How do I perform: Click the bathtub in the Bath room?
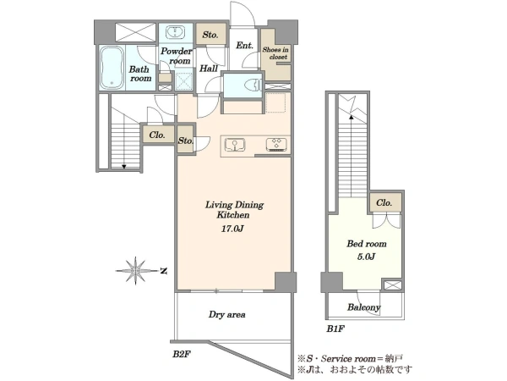pyautogui.click(x=112, y=68)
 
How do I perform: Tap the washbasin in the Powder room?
pyautogui.click(x=175, y=33)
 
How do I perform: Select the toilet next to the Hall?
pyautogui.click(x=253, y=86)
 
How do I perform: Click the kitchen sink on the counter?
pyautogui.click(x=235, y=145)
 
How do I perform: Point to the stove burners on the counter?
pyautogui.click(x=276, y=145)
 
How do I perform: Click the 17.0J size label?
pyautogui.click(x=232, y=229)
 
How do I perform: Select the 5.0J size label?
pyautogui.click(x=366, y=257)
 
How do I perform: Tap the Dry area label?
pyautogui.click(x=227, y=315)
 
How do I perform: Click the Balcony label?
pyautogui.click(x=363, y=307)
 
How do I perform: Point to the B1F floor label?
pyautogui.click(x=335, y=329)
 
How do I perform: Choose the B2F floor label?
pyautogui.click(x=181, y=354)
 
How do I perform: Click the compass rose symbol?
pyautogui.click(x=136, y=271)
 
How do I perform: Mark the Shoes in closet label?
pyautogui.click(x=275, y=53)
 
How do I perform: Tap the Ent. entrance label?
pyautogui.click(x=244, y=46)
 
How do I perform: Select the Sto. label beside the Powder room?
pyautogui.click(x=210, y=35)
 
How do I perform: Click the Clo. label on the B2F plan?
pyautogui.click(x=157, y=135)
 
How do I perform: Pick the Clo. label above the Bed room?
pyautogui.click(x=384, y=203)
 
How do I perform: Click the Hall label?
pyautogui.click(x=209, y=69)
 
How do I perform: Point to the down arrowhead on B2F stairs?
pyautogui.click(x=124, y=167)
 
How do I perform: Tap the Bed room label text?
pyautogui.click(x=367, y=244)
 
